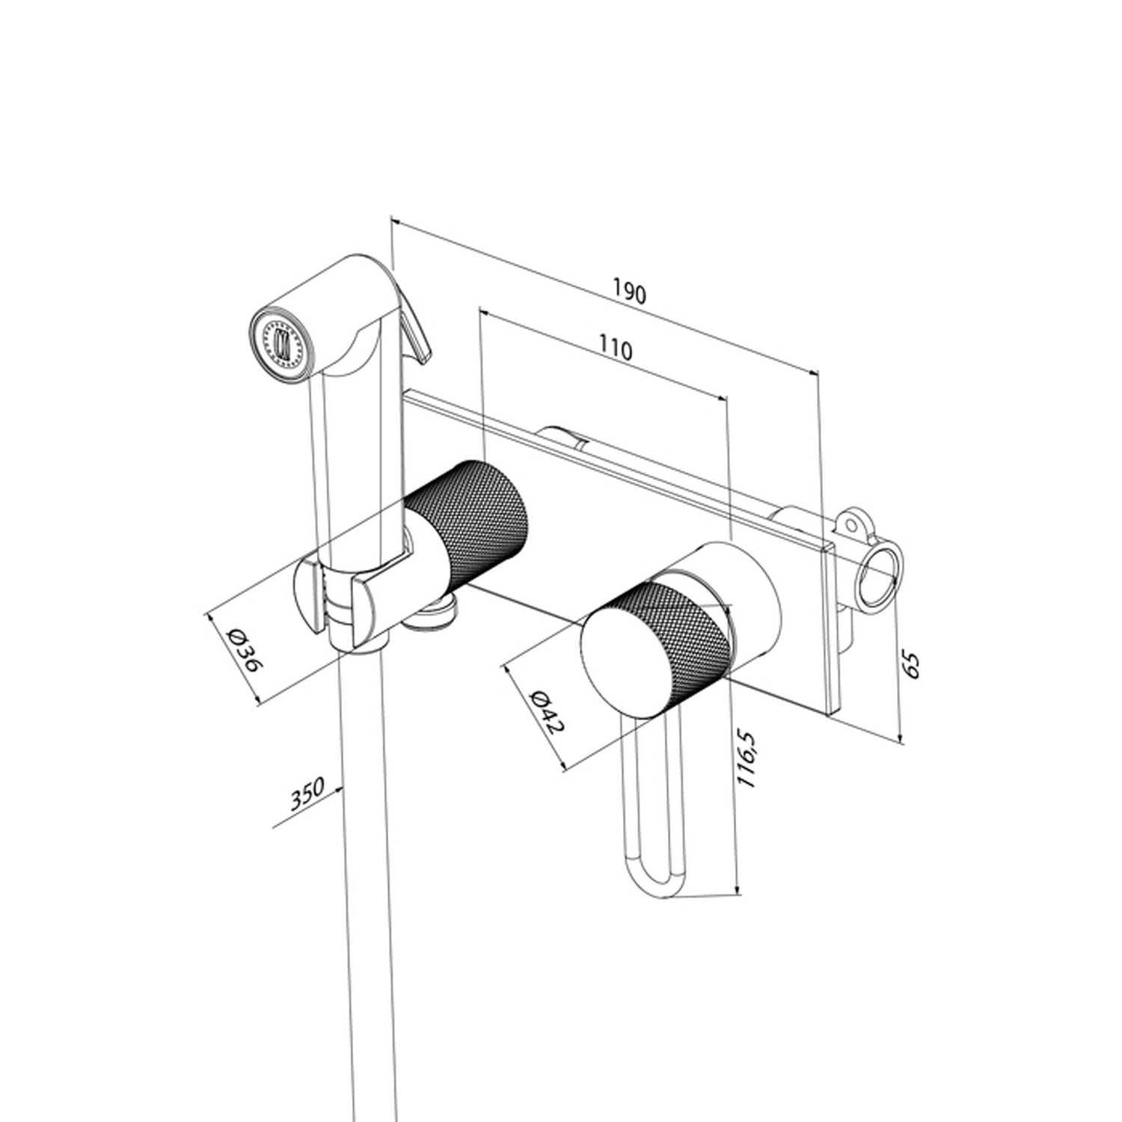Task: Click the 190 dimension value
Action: coord(629,292)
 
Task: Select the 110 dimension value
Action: coord(616,349)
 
